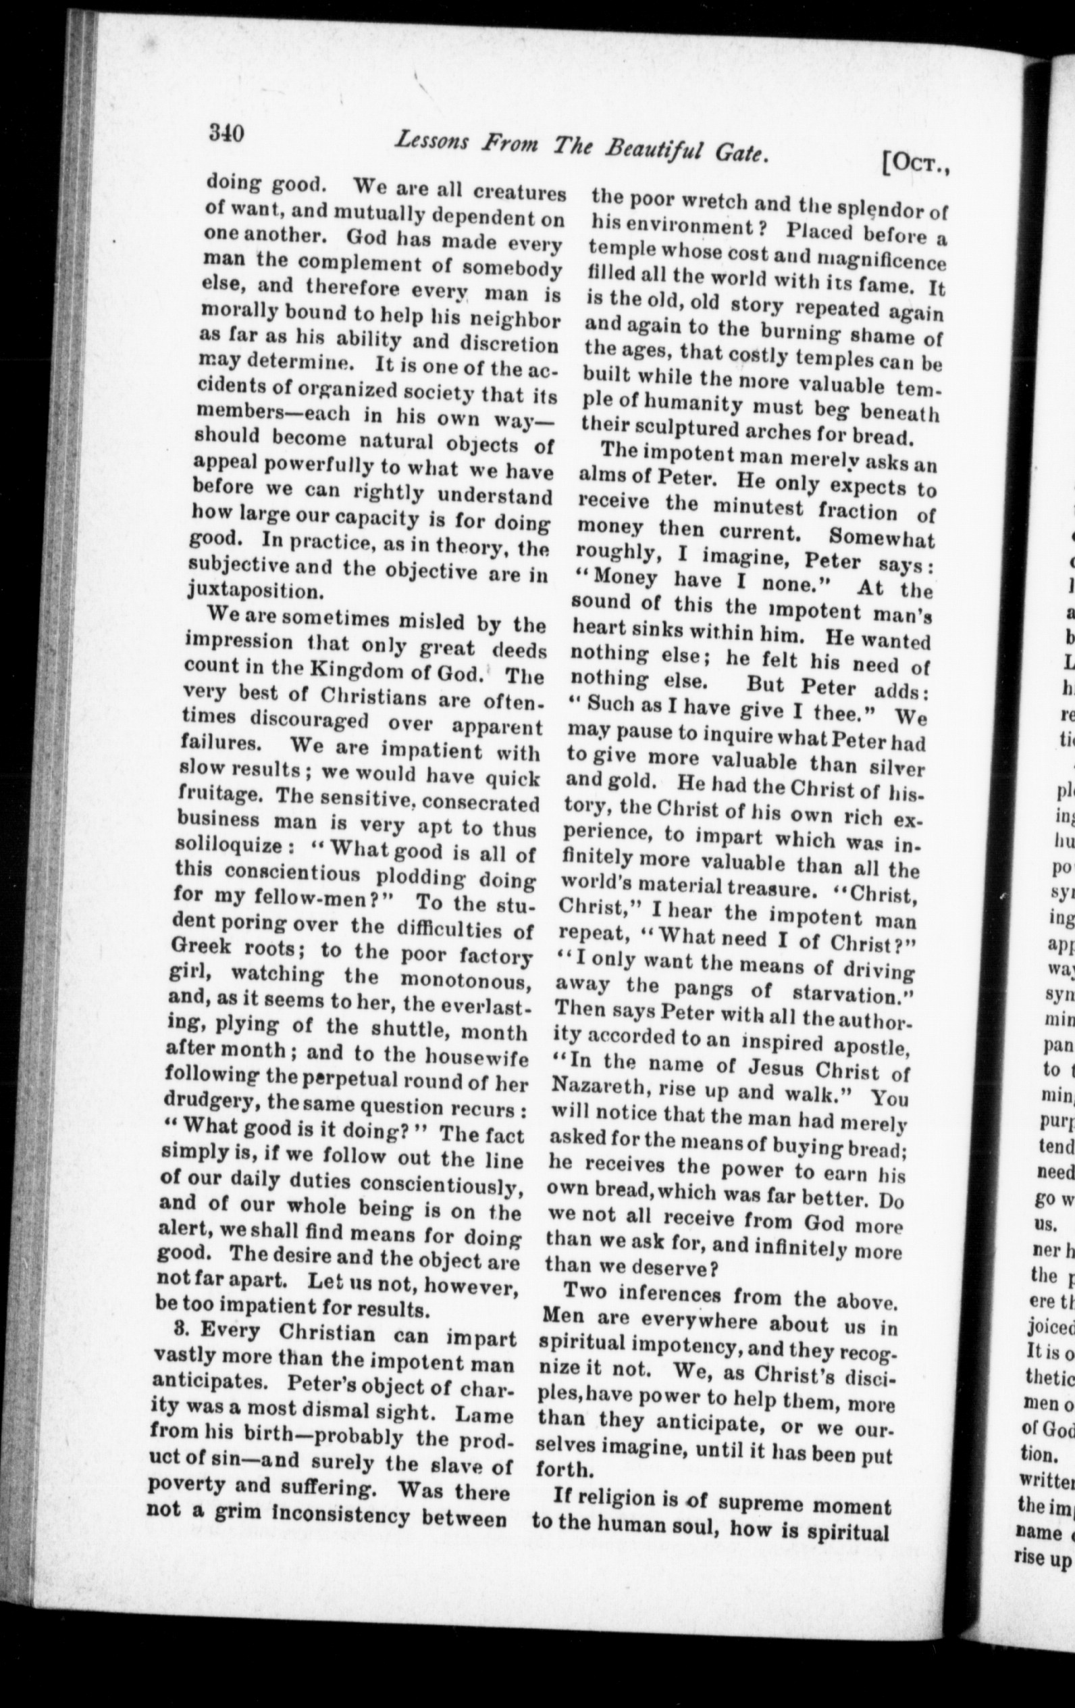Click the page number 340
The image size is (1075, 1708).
(x=226, y=132)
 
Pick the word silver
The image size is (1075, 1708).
(x=895, y=767)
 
